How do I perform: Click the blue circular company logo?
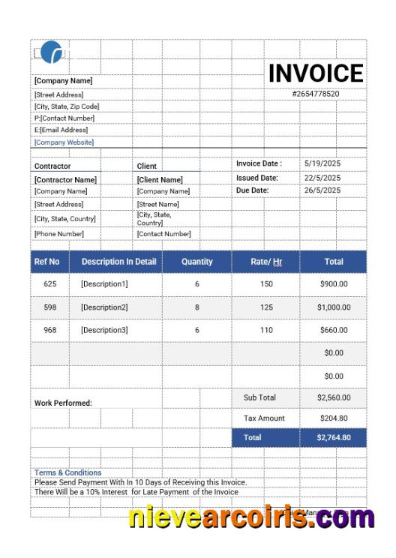(52, 52)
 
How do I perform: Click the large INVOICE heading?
(316, 73)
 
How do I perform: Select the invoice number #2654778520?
(316, 94)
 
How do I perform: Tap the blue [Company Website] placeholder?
(64, 142)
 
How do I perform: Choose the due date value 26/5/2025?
(322, 190)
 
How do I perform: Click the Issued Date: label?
(257, 178)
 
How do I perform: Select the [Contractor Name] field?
(65, 179)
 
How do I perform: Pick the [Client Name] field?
(160, 179)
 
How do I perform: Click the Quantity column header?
(197, 262)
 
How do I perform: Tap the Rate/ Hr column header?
(266, 262)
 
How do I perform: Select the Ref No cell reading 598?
(50, 307)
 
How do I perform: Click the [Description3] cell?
(104, 330)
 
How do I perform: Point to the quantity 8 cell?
(197, 307)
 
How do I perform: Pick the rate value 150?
(266, 284)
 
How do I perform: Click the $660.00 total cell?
(333, 330)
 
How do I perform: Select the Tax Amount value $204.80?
(333, 418)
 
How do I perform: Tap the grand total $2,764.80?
(333, 437)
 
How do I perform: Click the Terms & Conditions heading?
(67, 472)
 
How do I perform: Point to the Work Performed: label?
(63, 403)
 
